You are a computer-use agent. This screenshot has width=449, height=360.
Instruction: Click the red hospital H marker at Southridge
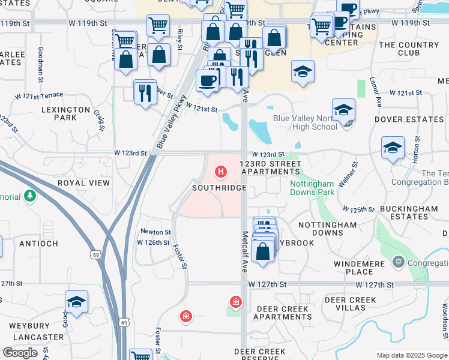point(221,173)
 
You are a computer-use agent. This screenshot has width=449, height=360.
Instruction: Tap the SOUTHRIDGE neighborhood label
point(219,188)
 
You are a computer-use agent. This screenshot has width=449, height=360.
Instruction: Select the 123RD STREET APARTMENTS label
point(270,167)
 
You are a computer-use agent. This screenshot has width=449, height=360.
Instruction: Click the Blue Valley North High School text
point(305,122)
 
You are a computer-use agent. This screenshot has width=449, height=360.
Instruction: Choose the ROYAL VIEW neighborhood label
point(83,183)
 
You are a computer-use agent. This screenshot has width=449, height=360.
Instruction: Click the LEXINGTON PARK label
point(65,113)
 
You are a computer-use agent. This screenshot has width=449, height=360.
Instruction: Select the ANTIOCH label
point(38,244)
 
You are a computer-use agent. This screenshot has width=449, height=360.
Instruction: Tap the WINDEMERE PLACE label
point(360,268)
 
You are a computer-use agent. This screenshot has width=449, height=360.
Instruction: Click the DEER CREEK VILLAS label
point(350,304)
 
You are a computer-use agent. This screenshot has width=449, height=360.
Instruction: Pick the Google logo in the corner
point(20,353)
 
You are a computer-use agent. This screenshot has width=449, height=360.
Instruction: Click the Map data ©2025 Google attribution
point(412,355)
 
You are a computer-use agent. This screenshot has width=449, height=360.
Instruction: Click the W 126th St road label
point(152,242)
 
